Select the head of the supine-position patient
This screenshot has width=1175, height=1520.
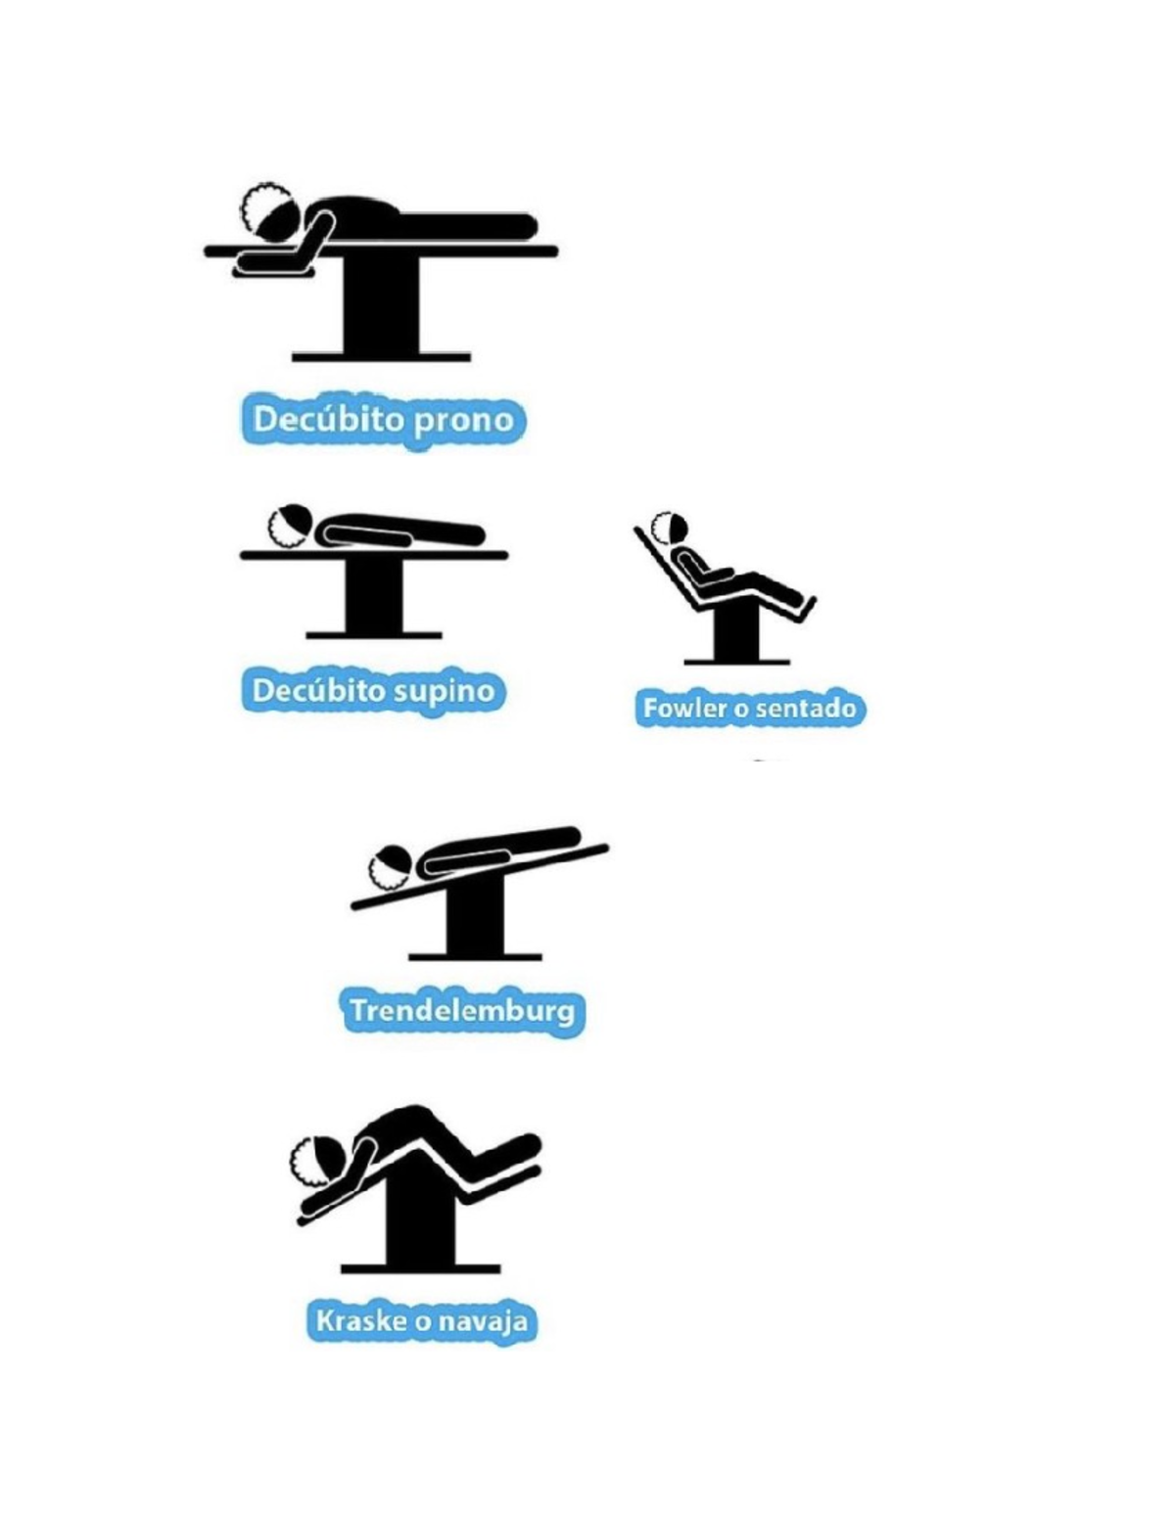coord(291,525)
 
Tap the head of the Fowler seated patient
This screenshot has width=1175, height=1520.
coord(669,527)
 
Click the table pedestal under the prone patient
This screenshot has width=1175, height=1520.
coord(382,306)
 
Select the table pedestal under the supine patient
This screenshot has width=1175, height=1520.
coord(374,598)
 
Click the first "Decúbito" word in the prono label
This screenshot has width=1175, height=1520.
coord(329,420)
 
